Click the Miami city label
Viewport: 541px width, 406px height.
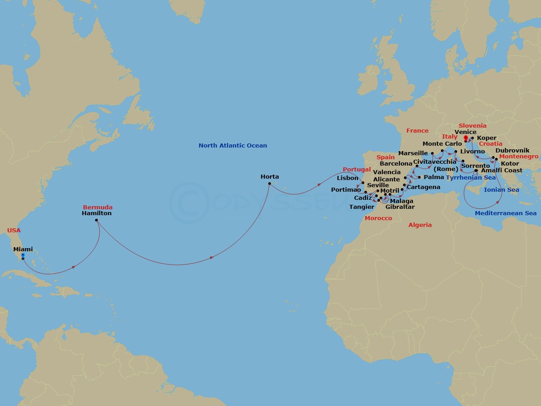(23, 249)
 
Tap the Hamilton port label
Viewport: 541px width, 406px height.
(96, 213)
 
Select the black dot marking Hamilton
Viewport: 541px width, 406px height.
(96, 220)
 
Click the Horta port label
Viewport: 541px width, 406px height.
(270, 176)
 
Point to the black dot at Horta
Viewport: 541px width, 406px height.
(269, 184)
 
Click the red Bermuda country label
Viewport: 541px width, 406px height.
(98, 207)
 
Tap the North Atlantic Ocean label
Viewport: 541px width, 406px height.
(233, 145)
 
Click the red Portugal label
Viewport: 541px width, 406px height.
(357, 169)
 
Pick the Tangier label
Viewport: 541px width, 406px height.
(362, 207)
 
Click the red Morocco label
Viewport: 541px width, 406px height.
(378, 218)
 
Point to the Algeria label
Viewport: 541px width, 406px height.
(420, 225)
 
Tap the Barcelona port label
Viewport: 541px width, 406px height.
(396, 163)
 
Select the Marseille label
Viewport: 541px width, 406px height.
(413, 153)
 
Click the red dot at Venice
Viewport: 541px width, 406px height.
(466, 137)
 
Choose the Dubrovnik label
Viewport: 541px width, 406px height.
(513, 150)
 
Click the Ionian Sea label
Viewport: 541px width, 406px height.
(501, 190)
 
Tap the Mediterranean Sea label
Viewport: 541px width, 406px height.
(506, 213)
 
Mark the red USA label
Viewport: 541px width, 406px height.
(14, 230)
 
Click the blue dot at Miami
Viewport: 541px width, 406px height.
(23, 255)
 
